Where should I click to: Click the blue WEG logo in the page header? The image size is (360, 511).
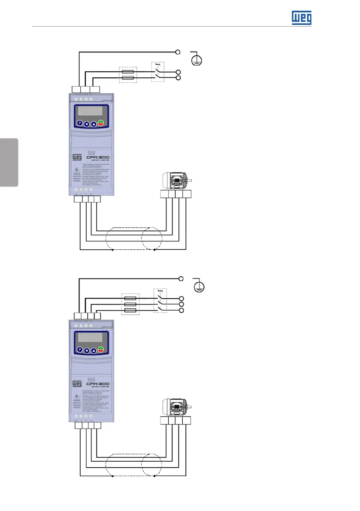click(302, 18)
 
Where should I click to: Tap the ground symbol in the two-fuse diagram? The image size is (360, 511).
click(196, 59)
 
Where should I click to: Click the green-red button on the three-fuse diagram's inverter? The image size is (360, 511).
click(101, 350)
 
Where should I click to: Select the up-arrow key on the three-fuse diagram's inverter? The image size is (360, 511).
click(94, 351)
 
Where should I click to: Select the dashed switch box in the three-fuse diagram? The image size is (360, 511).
click(160, 301)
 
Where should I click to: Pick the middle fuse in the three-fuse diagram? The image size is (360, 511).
click(130, 304)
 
